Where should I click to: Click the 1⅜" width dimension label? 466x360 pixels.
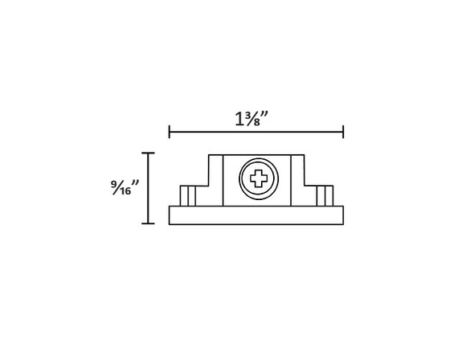coord(251,118)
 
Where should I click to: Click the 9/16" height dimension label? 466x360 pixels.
coord(124,188)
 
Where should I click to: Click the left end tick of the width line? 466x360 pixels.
coord(169,131)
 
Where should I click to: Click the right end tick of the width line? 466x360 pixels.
coord(343,131)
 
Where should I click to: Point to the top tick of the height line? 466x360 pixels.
coord(147,152)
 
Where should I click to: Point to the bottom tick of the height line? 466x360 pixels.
coord(147,223)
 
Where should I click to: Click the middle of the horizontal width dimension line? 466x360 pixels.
coord(255,131)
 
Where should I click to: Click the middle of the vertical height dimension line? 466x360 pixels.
coord(147,188)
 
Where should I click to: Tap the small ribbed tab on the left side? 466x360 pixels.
coord(186,196)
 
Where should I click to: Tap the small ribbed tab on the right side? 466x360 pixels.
coord(325,196)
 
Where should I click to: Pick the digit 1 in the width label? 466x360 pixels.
coord(239,118)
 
